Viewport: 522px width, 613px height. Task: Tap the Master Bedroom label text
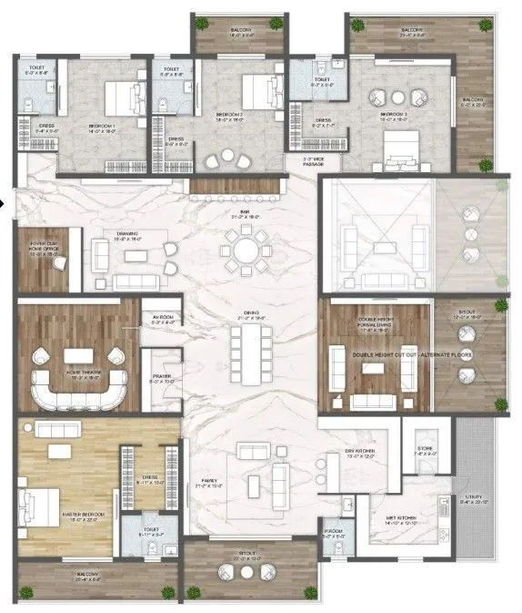(83, 515)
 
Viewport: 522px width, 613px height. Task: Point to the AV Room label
(163, 319)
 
